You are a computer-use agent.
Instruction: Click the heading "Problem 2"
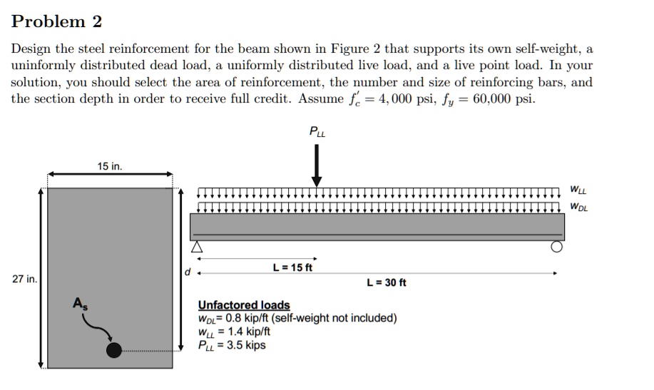(x=57, y=21)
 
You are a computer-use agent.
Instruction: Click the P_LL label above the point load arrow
(x=316, y=131)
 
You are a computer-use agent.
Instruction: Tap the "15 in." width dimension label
(x=110, y=166)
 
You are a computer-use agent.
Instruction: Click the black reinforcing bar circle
(x=113, y=349)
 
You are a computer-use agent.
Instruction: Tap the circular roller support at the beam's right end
(x=556, y=247)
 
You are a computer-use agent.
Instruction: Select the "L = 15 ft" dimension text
(x=292, y=268)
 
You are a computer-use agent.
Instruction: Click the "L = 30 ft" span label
(x=386, y=282)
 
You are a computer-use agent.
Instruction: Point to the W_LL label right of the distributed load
(x=578, y=190)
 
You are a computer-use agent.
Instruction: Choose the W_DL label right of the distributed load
(x=578, y=207)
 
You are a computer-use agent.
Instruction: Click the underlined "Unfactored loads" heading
(x=244, y=305)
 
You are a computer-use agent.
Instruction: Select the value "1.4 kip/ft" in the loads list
(x=246, y=332)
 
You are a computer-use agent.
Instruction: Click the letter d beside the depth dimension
(x=188, y=272)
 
